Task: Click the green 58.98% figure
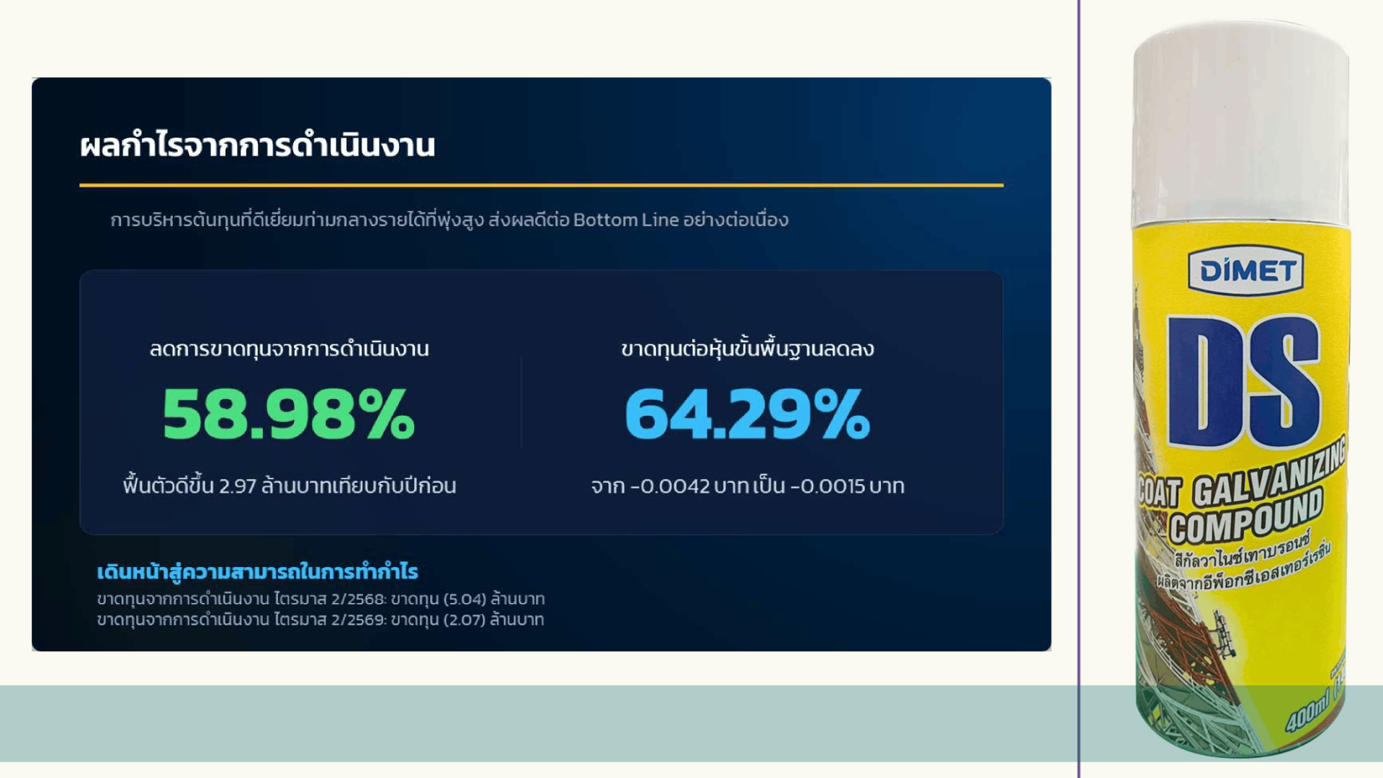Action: (288, 413)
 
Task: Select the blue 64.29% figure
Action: (748, 413)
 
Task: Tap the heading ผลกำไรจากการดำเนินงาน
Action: (258, 146)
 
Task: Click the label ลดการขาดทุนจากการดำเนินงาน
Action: (289, 349)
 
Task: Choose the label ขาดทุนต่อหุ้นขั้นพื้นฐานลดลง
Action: (748, 349)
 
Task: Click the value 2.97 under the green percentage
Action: (238, 486)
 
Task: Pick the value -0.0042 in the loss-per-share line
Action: (670, 486)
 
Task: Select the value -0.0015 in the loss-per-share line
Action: (828, 486)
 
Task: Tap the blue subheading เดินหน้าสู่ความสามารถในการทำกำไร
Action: (257, 572)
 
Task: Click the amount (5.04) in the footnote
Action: (464, 599)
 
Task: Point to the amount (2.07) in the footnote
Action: (464, 620)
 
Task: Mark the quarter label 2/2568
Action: (358, 599)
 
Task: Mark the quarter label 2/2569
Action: (358, 620)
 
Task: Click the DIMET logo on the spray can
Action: (1245, 272)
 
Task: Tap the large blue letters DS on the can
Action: (1244, 382)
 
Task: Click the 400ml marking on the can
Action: (1307, 712)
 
